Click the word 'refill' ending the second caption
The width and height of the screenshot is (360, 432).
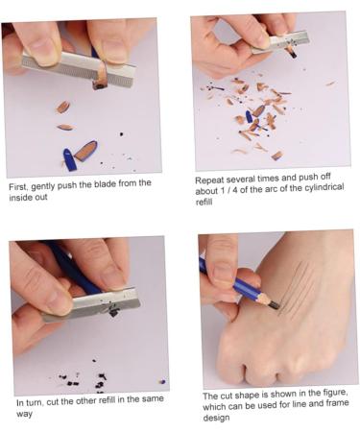206,203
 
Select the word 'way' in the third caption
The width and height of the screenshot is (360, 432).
24,414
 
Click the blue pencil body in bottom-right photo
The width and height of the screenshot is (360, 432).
230,284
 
